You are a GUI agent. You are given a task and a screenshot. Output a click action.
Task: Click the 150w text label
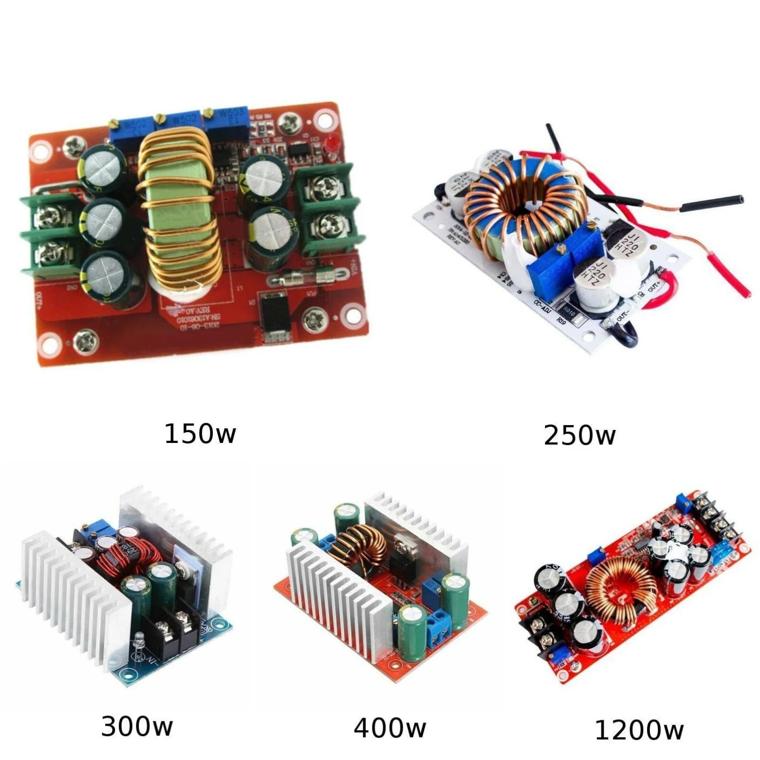(200, 434)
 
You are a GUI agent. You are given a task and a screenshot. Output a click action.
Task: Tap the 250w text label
(579, 435)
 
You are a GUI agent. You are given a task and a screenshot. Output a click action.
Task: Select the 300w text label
(137, 726)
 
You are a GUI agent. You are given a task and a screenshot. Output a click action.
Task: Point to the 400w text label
(389, 728)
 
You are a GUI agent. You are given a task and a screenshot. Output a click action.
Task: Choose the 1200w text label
(639, 730)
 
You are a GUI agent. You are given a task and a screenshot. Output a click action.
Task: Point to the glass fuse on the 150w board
(302, 278)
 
